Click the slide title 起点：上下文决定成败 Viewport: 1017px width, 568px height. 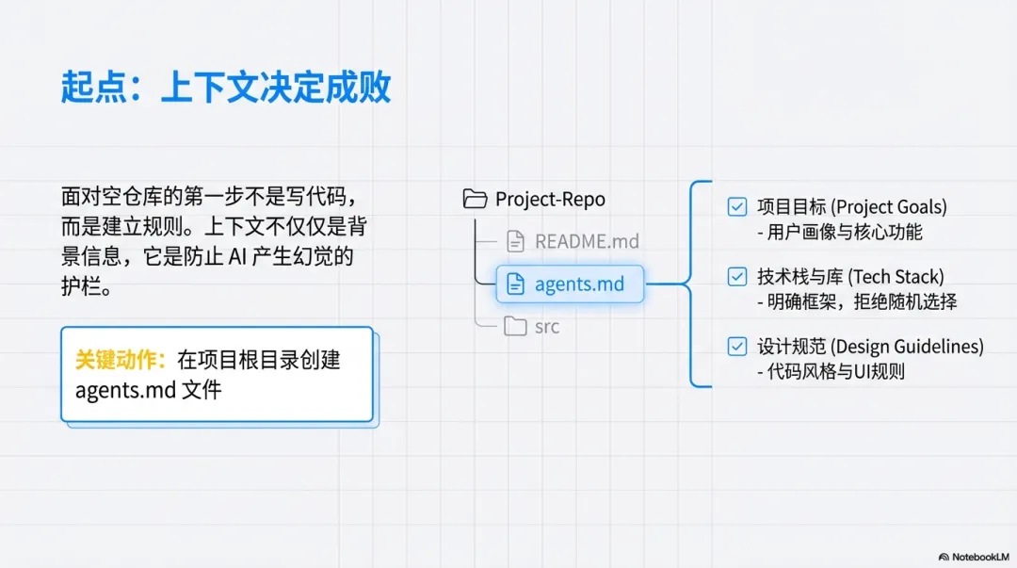click(226, 88)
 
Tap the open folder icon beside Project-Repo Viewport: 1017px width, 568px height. click(475, 199)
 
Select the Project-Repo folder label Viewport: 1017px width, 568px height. click(550, 199)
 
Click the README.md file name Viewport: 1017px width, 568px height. click(587, 241)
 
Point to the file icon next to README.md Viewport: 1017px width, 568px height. click(515, 241)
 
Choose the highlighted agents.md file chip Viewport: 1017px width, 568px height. click(570, 284)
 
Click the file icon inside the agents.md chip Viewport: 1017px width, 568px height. click(515, 284)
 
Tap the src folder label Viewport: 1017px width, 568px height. click(546, 327)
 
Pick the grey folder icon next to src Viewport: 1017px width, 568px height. click(515, 327)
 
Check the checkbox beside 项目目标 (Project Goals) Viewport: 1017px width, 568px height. click(737, 206)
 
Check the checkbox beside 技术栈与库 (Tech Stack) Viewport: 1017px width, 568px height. click(737, 276)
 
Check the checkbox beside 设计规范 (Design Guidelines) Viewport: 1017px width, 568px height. click(737, 347)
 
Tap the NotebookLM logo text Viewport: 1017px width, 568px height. click(974, 557)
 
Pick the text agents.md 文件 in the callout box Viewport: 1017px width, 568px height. click(148, 389)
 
